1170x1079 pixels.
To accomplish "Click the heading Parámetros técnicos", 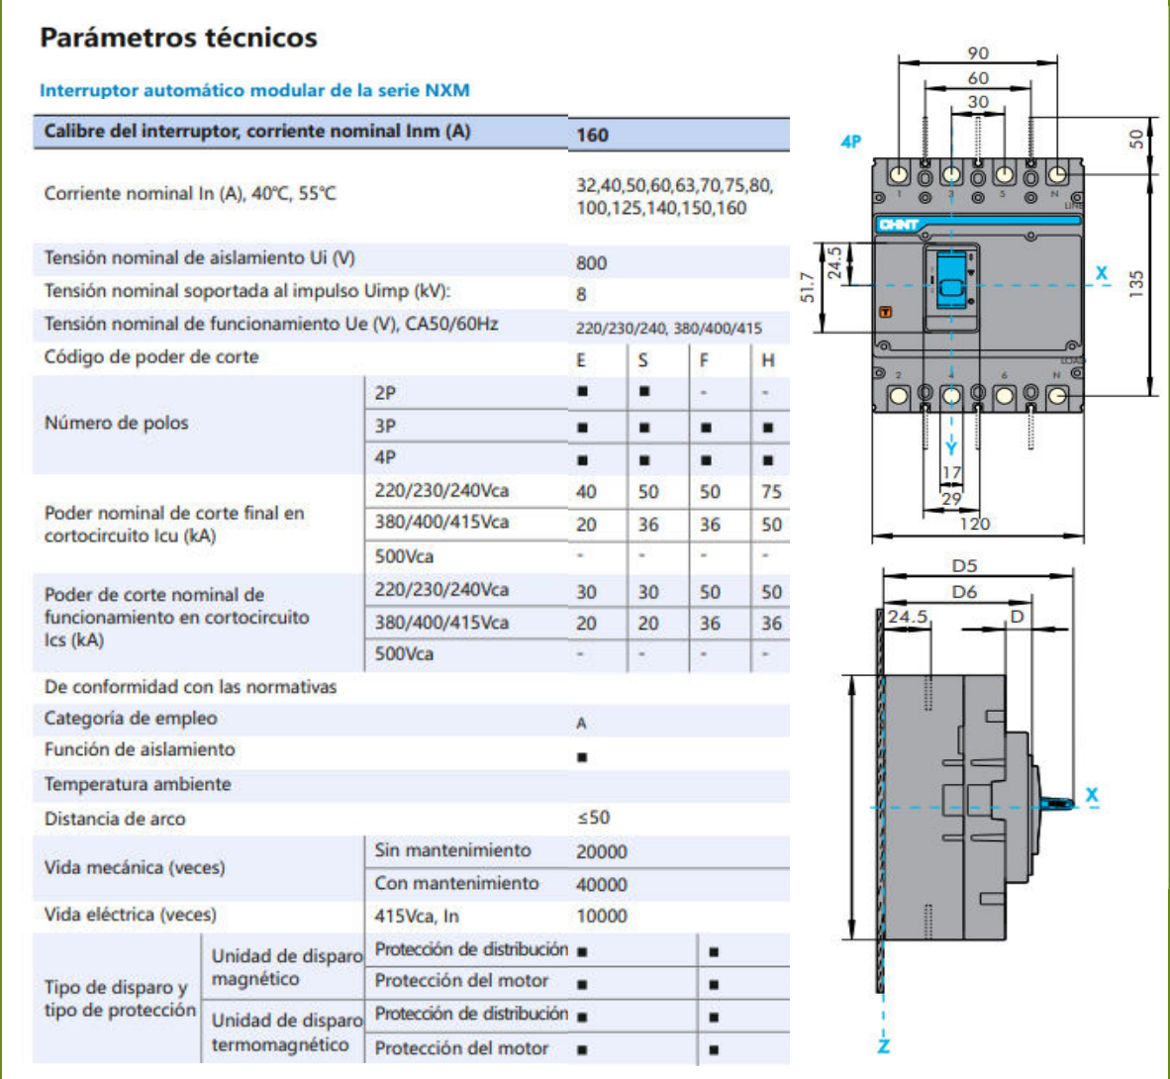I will [x=178, y=38].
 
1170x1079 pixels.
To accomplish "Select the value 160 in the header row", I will [x=592, y=135].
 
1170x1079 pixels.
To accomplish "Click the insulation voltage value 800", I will [x=591, y=262].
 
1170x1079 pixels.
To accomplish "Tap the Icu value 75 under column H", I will [x=771, y=492].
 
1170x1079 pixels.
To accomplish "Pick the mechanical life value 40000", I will [x=601, y=884].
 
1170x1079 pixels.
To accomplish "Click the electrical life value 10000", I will [x=601, y=917].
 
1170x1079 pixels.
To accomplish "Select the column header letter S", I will [x=642, y=360].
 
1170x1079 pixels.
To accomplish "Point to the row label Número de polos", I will [x=116, y=424].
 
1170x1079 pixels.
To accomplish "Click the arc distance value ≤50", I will [x=593, y=818].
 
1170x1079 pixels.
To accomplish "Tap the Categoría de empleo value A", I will [x=581, y=723].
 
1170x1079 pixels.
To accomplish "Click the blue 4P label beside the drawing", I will [x=850, y=142].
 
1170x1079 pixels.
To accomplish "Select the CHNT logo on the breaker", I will [x=899, y=225].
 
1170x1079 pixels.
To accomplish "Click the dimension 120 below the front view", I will [x=974, y=524].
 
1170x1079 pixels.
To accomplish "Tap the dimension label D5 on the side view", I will [x=964, y=565].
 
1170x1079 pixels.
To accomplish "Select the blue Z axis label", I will [x=883, y=1045].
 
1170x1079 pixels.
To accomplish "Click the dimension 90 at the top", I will [x=978, y=53].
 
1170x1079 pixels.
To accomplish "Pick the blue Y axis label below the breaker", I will [x=951, y=449].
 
